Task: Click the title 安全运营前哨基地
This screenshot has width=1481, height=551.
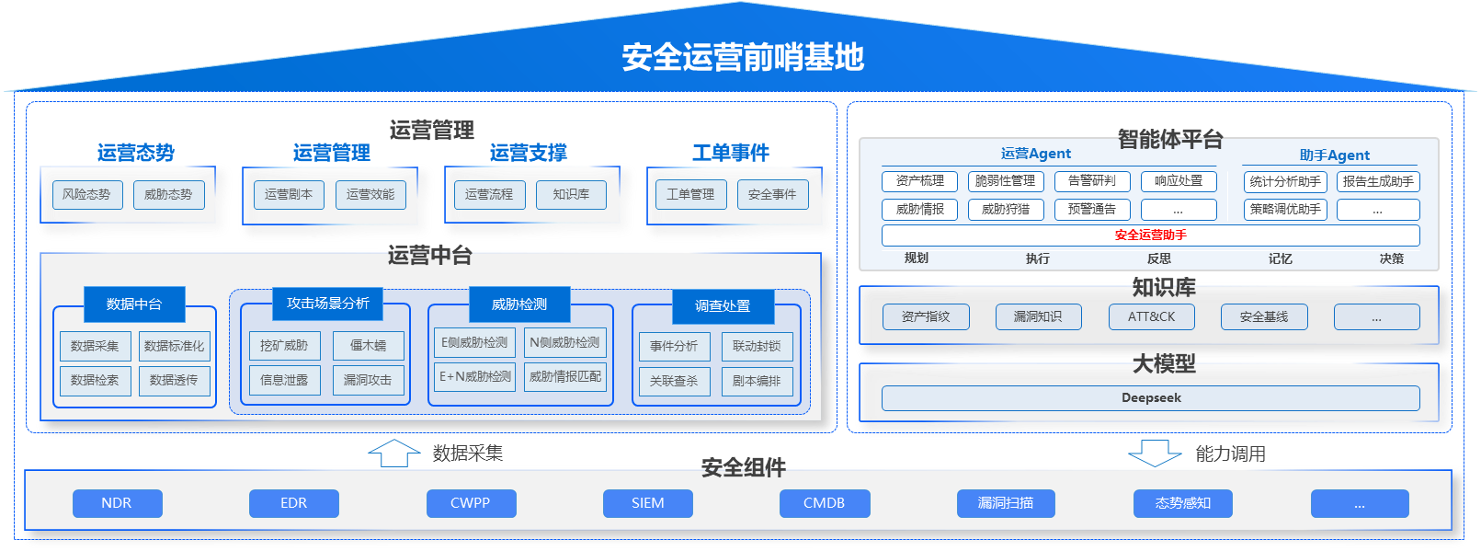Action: click(x=743, y=57)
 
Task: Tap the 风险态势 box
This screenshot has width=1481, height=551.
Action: click(x=86, y=194)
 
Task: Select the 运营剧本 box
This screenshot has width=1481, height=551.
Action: click(x=289, y=194)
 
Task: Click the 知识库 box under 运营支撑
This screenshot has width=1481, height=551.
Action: click(x=571, y=194)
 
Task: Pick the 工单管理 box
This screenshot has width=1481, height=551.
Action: click(x=690, y=194)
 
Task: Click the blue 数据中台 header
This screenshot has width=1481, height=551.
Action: click(x=134, y=304)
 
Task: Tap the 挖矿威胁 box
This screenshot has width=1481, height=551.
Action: click(x=284, y=346)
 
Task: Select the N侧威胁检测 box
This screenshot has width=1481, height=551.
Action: click(x=564, y=342)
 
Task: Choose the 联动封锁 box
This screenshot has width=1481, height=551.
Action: click(x=757, y=346)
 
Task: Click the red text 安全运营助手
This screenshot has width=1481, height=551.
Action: click(x=1150, y=235)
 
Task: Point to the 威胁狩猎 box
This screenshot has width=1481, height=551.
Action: click(x=1006, y=209)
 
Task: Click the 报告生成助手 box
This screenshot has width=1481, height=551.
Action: click(x=1378, y=181)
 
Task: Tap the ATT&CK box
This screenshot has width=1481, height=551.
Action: click(x=1151, y=316)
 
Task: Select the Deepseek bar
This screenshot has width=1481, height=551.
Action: click(x=1150, y=397)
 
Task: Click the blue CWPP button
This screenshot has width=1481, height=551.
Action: click(x=471, y=503)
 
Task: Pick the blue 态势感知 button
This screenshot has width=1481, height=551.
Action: click(x=1183, y=503)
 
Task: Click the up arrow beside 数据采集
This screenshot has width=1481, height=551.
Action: click(x=394, y=453)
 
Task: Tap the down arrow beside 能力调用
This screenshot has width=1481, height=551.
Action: click(x=1155, y=453)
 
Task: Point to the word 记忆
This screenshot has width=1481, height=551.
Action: click(x=1280, y=258)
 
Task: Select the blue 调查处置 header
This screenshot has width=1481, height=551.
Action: click(x=723, y=305)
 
